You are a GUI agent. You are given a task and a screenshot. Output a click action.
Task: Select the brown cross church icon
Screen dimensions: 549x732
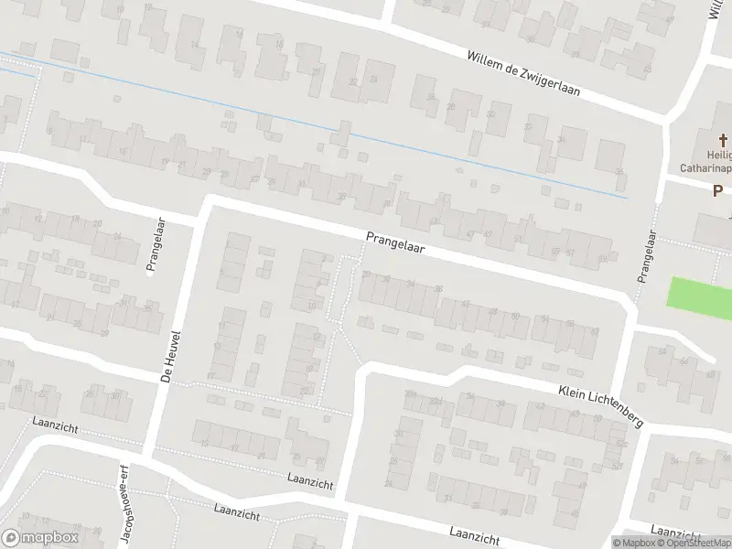coord(722,140)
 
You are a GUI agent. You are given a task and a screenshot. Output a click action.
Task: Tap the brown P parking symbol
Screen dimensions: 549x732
coord(718,190)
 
